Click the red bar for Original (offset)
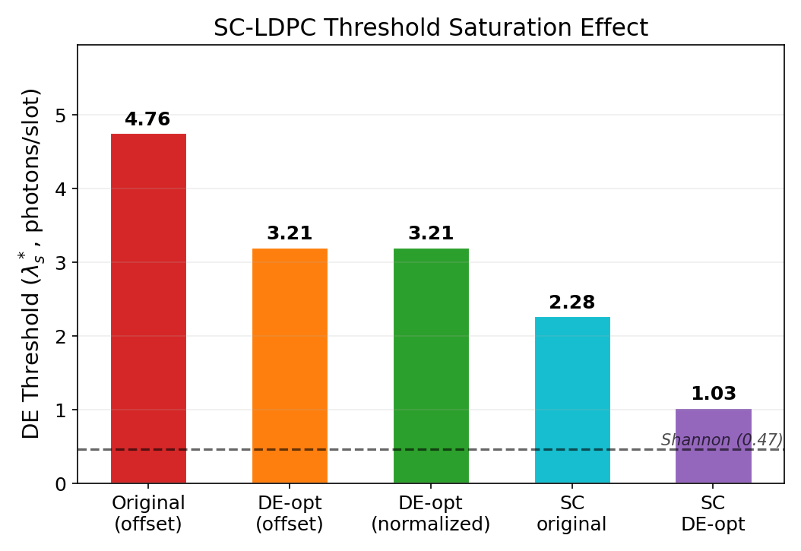pyautogui.click(x=148, y=308)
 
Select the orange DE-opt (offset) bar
pyautogui.click(x=290, y=365)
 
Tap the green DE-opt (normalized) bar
pyautogui.click(x=431, y=365)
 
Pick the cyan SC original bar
pyautogui.click(x=572, y=399)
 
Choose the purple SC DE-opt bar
pyautogui.click(x=713, y=445)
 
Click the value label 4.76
pyautogui.click(x=147, y=119)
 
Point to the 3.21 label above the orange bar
pyautogui.click(x=290, y=233)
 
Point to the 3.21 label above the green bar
pyautogui.click(x=431, y=233)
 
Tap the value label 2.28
pyautogui.click(x=572, y=302)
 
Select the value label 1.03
pyautogui.click(x=713, y=394)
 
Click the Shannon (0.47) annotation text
pyautogui.click(x=721, y=440)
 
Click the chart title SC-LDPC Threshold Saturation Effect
pyautogui.click(x=430, y=28)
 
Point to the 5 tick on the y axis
pyautogui.click(x=62, y=116)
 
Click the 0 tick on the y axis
pyautogui.click(x=62, y=484)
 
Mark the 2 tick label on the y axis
pyautogui.click(x=62, y=337)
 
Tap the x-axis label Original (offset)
pyautogui.click(x=148, y=513)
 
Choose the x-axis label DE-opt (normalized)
pyautogui.click(x=431, y=513)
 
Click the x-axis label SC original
pyautogui.click(x=572, y=513)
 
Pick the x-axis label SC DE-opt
pyautogui.click(x=713, y=513)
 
